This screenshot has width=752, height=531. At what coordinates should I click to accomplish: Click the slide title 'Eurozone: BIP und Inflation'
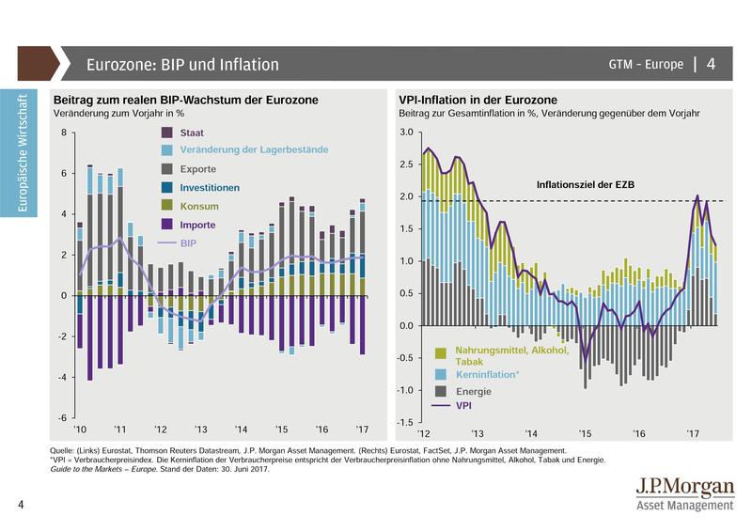click(182, 65)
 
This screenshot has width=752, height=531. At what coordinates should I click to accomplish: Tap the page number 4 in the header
click(711, 65)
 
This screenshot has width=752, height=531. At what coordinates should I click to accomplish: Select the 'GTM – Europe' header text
click(645, 65)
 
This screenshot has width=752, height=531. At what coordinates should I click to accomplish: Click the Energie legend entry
click(473, 390)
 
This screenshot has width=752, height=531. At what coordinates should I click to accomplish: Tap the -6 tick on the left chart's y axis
click(62, 417)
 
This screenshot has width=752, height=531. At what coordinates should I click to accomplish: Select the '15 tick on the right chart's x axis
click(585, 433)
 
